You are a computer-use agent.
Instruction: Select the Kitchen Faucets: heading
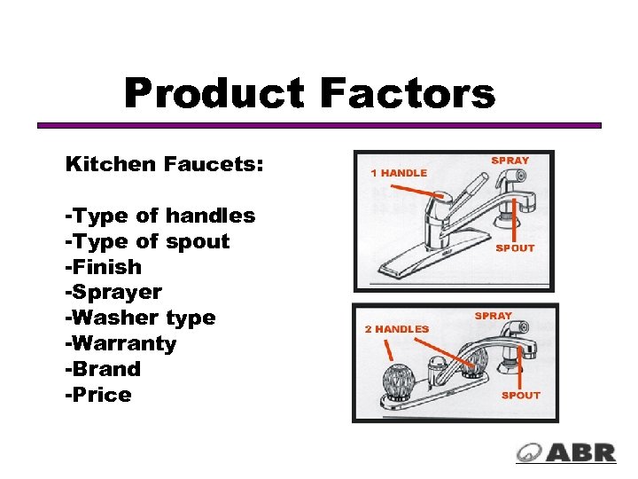point(164,165)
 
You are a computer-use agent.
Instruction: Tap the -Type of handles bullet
point(159,216)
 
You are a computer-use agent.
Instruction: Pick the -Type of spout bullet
point(146,241)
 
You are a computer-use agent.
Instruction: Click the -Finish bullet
point(103,267)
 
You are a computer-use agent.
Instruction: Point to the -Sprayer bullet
point(113,293)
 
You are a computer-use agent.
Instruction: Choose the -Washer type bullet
point(140,318)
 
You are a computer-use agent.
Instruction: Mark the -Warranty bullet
point(121,343)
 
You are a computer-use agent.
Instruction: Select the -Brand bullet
point(103,369)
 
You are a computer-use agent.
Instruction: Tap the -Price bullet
point(98,395)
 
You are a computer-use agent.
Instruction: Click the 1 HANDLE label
point(398,173)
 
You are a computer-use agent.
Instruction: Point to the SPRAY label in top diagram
point(510,161)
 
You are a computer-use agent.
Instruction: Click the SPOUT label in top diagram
point(515,248)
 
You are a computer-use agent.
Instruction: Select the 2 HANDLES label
point(397,329)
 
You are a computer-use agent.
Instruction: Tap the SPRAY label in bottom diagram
point(493,316)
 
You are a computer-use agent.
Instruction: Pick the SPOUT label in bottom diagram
point(520,396)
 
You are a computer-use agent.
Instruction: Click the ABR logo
point(566,452)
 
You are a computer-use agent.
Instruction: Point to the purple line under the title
point(319,125)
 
